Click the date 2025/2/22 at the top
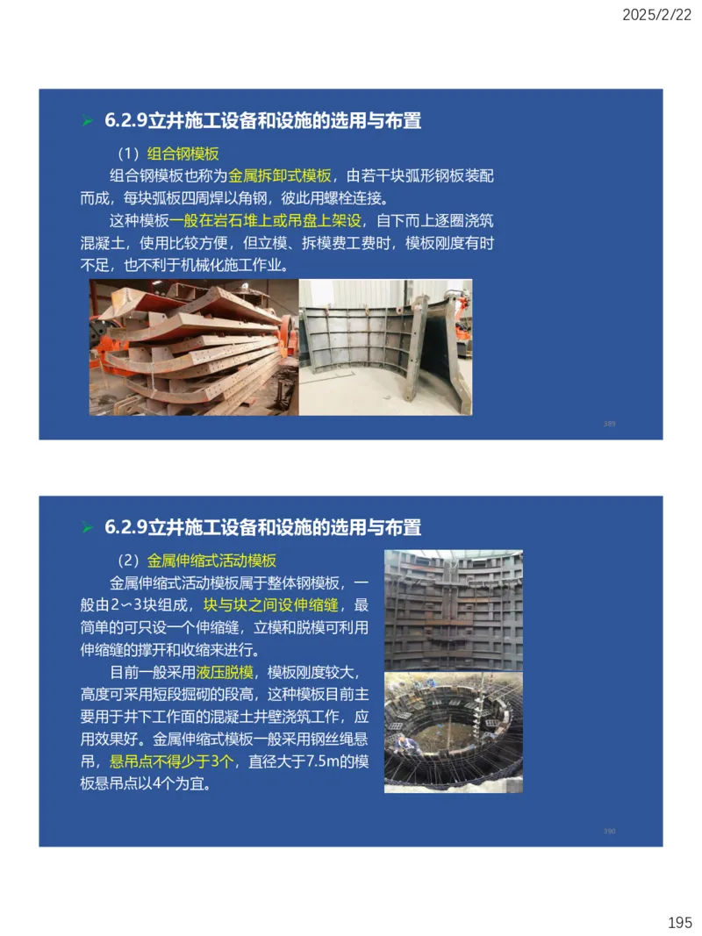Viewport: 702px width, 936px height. pyautogui.click(x=657, y=14)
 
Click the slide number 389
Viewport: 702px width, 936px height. pyautogui.click(x=610, y=424)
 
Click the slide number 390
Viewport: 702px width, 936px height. pyautogui.click(x=610, y=831)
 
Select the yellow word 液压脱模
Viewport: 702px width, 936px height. pyautogui.click(x=226, y=673)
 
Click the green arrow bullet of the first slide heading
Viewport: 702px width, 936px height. pyautogui.click(x=87, y=121)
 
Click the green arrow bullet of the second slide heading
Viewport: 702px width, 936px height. pyautogui.click(x=87, y=528)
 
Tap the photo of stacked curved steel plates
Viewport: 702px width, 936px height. pyautogui.click(x=193, y=347)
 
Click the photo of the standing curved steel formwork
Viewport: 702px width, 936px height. pyautogui.click(x=386, y=347)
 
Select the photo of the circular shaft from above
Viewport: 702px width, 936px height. pyautogui.click(x=454, y=732)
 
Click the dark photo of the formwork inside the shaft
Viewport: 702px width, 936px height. pyautogui.click(x=454, y=611)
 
